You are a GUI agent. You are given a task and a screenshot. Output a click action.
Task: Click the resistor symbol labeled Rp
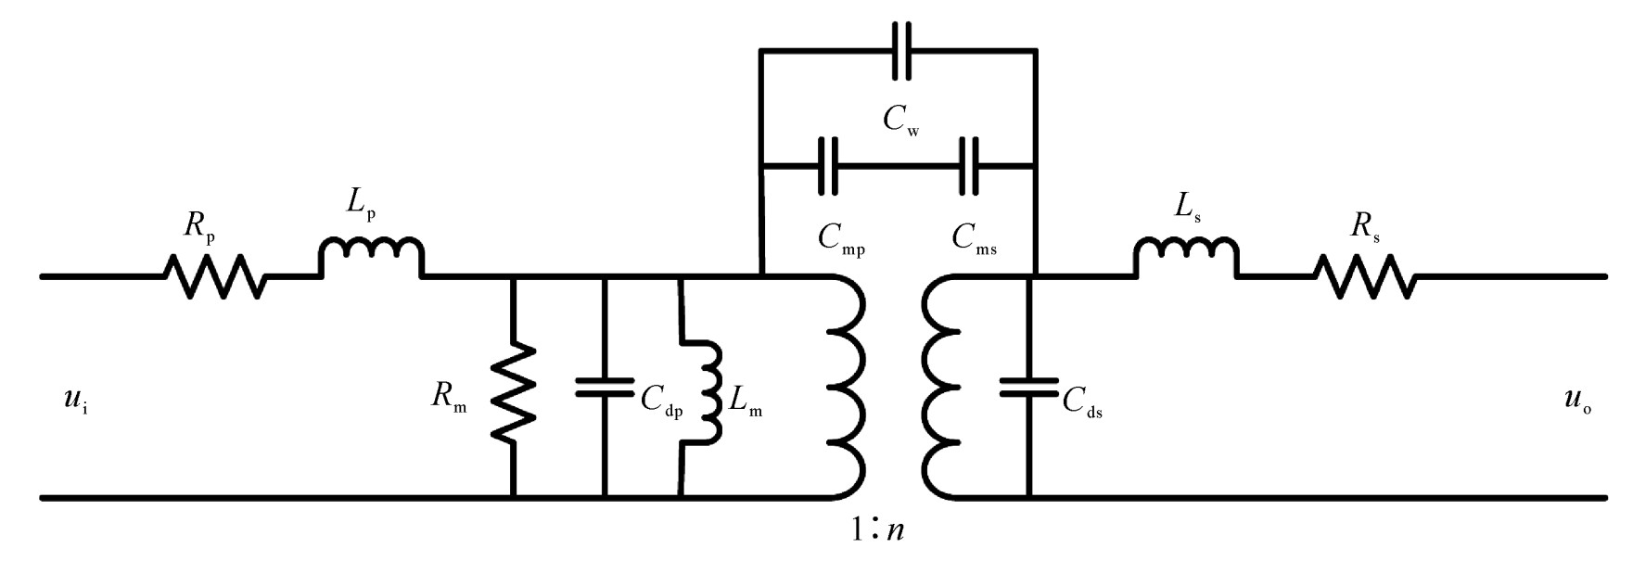tap(214, 276)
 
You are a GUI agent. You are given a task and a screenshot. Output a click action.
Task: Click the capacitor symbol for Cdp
tap(605, 387)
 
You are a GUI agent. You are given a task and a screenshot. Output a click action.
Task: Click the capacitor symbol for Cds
tap(1029, 387)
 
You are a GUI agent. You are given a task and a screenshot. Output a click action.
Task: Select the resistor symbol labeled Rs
tap(1364, 276)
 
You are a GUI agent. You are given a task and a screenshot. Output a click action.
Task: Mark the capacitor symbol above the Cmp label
tap(828, 166)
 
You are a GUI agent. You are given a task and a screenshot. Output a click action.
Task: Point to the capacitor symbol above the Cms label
tap(970, 166)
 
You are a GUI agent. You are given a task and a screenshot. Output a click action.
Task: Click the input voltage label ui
tap(78, 402)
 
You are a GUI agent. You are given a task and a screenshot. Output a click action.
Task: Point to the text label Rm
tap(449, 398)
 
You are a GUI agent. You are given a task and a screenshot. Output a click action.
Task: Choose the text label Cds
tap(1083, 401)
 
